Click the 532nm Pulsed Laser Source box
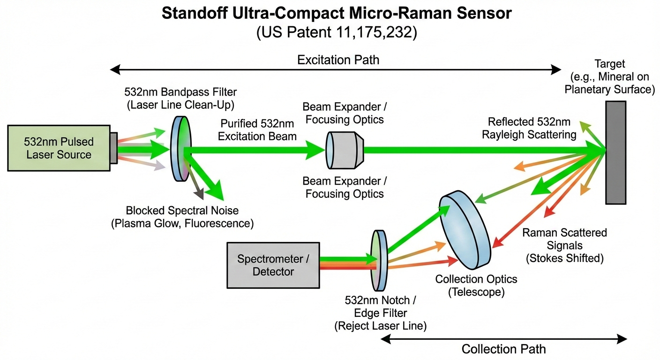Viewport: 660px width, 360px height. pyautogui.click(x=59, y=148)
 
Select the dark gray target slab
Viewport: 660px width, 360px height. pyautogui.click(x=616, y=152)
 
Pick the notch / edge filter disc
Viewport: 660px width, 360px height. pyautogui.click(x=379, y=260)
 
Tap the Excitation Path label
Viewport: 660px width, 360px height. pyautogui.click(x=338, y=60)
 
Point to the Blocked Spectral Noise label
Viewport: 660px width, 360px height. pyautogui.click(x=182, y=217)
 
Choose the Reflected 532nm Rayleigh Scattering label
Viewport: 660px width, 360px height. pyautogui.click(x=529, y=128)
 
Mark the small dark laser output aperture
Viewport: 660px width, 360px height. pyautogui.click(x=114, y=148)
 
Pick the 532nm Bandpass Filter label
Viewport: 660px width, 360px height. pyautogui.click(x=180, y=97)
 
